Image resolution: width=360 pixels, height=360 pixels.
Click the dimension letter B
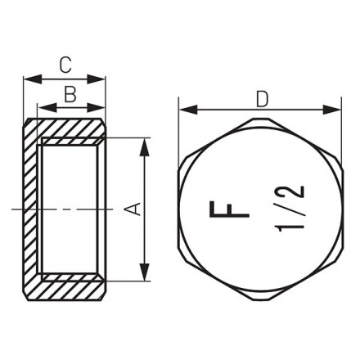pos(70,95)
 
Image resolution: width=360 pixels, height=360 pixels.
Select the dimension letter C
pos(65,63)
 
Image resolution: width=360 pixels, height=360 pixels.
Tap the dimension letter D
pos(261,99)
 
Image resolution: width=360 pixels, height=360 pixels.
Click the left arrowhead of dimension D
pos(182,109)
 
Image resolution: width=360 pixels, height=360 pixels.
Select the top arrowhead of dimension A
pos(145,143)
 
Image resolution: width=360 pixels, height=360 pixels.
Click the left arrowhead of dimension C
pos(29,79)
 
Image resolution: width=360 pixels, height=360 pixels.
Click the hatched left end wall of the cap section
pos(32,209)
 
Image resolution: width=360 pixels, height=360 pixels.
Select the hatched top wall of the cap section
pos(70,128)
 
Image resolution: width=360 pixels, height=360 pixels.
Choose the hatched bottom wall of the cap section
pos(70,290)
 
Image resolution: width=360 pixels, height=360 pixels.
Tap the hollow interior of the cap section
pos(72,209)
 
